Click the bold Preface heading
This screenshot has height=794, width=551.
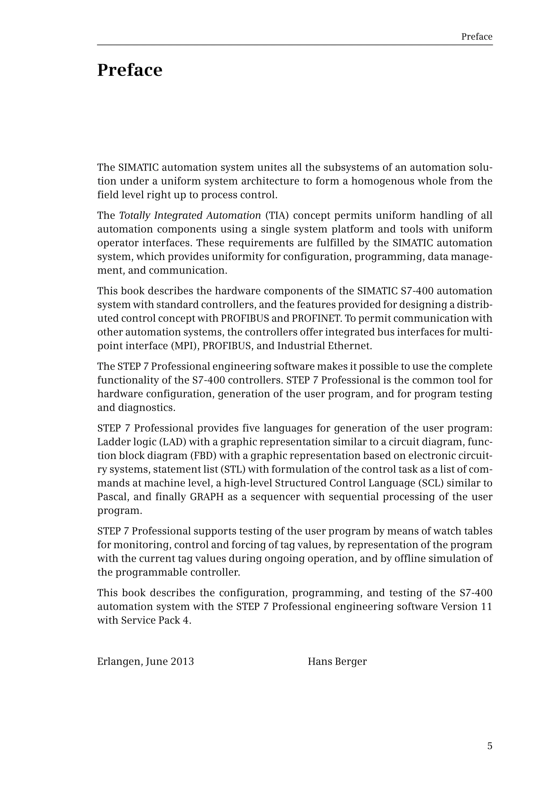(129, 71)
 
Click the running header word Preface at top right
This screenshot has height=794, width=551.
(476, 37)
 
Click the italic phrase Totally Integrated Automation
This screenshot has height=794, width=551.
(190, 216)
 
